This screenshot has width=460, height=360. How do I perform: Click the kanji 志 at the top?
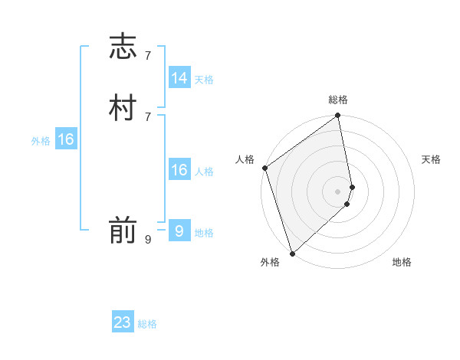pyautogui.click(x=123, y=46)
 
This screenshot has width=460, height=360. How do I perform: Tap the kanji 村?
pyautogui.click(x=123, y=108)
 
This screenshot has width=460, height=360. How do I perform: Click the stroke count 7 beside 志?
pyautogui.click(x=147, y=55)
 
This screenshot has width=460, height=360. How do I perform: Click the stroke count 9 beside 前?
pyautogui.click(x=147, y=240)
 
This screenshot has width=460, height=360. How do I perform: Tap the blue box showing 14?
pyautogui.click(x=179, y=77)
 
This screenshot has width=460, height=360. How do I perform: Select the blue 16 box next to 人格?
pyautogui.click(x=179, y=170)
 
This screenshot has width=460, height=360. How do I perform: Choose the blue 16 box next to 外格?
pyautogui.click(x=66, y=139)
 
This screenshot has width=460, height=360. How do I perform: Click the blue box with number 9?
pyautogui.click(x=179, y=230)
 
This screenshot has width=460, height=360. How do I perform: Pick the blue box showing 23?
pyautogui.click(x=123, y=322)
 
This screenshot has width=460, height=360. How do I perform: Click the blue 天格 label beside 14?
pyautogui.click(x=204, y=80)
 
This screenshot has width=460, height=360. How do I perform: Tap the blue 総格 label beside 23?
pyautogui.click(x=147, y=325)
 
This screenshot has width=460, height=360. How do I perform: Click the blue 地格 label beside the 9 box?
pyautogui.click(x=204, y=233)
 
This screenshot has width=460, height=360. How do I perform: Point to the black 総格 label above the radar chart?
pyautogui.click(x=338, y=100)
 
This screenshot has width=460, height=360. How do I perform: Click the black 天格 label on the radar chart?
pyautogui.click(x=432, y=159)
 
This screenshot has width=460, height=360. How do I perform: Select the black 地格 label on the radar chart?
pyautogui.click(x=402, y=262)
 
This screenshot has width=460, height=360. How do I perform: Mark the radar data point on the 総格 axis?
pyautogui.click(x=338, y=116)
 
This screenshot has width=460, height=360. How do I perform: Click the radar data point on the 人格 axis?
pyautogui.click(x=265, y=168)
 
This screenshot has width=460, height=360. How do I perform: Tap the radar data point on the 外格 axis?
pyautogui.click(x=292, y=253)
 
